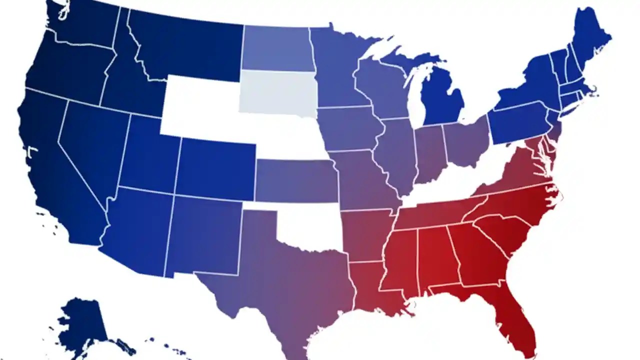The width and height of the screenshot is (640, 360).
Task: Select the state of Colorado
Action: coord(215,167)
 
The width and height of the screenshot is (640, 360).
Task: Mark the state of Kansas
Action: coord(295,180)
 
